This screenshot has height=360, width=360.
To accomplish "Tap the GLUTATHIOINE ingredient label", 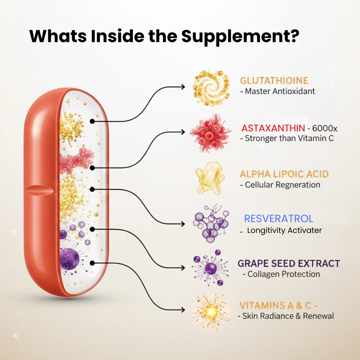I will pyautogui.click(x=274, y=80).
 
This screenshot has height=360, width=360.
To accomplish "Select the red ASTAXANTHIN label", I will pyautogui.click(x=273, y=128).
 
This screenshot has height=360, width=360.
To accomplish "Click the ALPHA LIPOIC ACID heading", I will pyautogui.click(x=284, y=174).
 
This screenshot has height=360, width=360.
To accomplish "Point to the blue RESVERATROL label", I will pyautogui.click(x=278, y=219).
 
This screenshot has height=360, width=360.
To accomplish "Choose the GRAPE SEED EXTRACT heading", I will pyautogui.click(x=289, y=263).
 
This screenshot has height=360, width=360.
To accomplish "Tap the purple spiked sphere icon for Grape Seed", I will pyautogui.click(x=210, y=268).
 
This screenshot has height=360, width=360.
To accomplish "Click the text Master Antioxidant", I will pyautogui.click(x=280, y=91).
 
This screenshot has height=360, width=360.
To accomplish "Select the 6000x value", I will pyautogui.click(x=325, y=128).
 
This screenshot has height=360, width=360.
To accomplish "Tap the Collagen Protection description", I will pyautogui.click(x=284, y=274).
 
